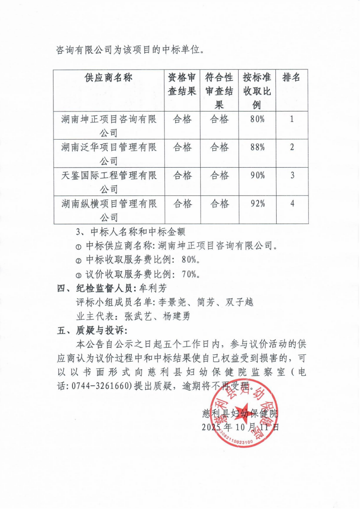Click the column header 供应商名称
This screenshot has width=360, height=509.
[108, 78]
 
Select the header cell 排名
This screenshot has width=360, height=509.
[292, 78]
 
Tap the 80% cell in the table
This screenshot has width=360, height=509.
[257, 120]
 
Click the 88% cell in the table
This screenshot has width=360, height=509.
[257, 148]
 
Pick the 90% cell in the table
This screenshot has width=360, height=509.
[257, 176]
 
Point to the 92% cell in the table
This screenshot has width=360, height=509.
[257, 204]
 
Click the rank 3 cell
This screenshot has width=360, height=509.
[292, 176]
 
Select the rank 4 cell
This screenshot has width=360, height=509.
[292, 204]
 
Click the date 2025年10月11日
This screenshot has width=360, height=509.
[240, 427]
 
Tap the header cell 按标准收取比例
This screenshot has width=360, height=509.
[257, 91]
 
